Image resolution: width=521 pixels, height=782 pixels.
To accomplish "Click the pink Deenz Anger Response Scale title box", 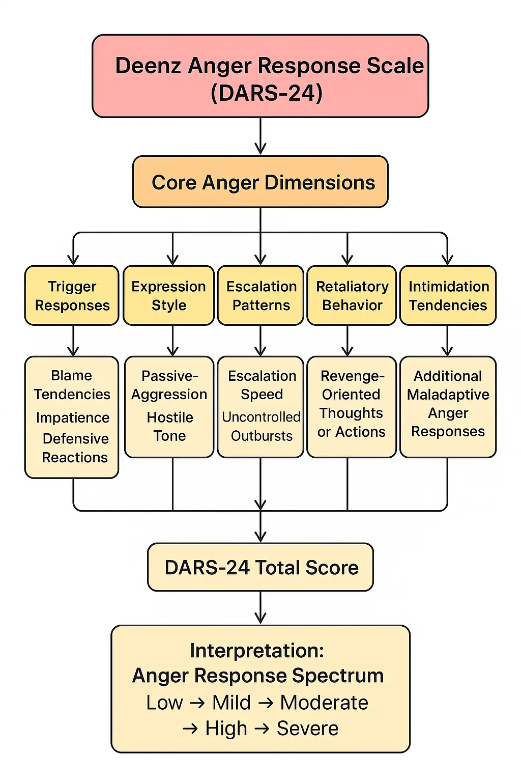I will coord(260,76).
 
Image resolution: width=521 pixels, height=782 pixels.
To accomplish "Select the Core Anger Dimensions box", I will coord(260,182).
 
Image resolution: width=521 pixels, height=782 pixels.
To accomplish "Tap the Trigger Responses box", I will coord(72,295).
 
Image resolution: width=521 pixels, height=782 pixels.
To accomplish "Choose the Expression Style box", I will coord(168,295).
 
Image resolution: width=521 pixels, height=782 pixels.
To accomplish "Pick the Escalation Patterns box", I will coord(260,295).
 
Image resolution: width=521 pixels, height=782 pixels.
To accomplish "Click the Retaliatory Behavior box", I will coord(352,295).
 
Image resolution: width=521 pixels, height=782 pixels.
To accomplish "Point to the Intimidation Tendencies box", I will coord(448,295).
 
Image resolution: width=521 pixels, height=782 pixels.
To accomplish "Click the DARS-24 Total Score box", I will coord(260,567).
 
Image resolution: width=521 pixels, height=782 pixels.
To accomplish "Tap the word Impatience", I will coord(73,417).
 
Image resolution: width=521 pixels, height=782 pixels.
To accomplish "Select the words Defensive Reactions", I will coord(75,448).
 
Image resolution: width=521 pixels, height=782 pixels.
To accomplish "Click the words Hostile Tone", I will coord(170,427).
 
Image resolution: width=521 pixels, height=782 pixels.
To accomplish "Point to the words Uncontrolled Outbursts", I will coord(262,426).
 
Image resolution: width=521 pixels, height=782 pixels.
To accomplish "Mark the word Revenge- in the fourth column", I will coord(352,376).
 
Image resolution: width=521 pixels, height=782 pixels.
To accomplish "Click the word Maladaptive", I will coord(448,395).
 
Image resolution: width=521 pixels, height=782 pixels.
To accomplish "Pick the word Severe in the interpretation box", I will coord(307,729).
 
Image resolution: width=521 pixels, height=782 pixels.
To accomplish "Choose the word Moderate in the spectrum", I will coord(324,703).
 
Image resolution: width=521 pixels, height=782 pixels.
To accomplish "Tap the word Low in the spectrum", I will coord(164,703).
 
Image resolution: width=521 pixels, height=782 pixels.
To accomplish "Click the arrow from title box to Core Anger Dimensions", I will coord(260,136).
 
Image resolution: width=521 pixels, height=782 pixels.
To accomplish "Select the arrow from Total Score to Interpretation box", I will coord(260,608).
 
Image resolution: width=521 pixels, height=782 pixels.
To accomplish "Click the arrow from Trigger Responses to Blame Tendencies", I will coord(73,341).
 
